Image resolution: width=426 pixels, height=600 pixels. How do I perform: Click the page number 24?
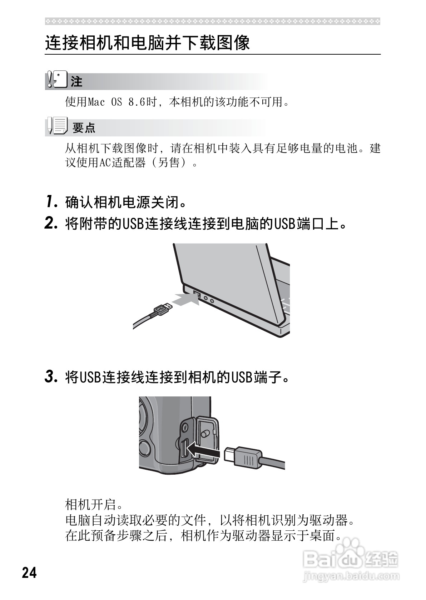[29, 572]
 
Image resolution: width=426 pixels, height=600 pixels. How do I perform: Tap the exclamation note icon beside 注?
[56, 81]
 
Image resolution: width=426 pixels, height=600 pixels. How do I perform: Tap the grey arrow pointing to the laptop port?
[185, 299]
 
